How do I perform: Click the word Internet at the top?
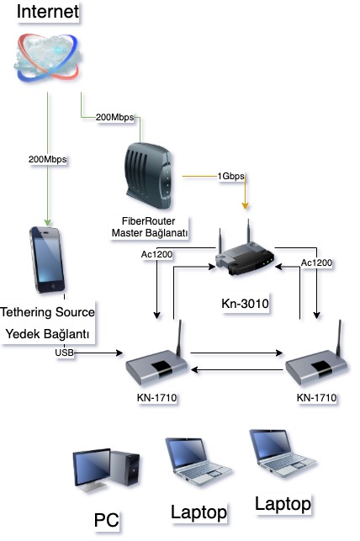tap(48, 12)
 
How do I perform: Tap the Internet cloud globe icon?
tap(48, 57)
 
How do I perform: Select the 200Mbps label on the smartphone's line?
tap(48, 159)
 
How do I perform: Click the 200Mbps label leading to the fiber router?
tap(115, 117)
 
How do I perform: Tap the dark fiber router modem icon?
tap(147, 176)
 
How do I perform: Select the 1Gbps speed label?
tap(230, 176)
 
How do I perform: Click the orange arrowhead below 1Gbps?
tap(245, 206)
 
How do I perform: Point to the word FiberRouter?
tap(149, 220)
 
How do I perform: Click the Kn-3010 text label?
tap(245, 304)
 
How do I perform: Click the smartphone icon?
tap(48, 260)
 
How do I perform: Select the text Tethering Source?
tap(48, 312)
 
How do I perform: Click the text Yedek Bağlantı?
tap(48, 334)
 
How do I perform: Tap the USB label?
tap(64, 353)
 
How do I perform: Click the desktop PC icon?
tap(106, 469)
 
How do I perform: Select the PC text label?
tap(106, 520)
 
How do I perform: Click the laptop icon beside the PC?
tap(199, 461)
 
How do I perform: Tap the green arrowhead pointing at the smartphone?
tap(48, 222)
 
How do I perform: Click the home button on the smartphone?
tap(52, 286)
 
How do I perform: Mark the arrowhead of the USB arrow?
tap(119, 353)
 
